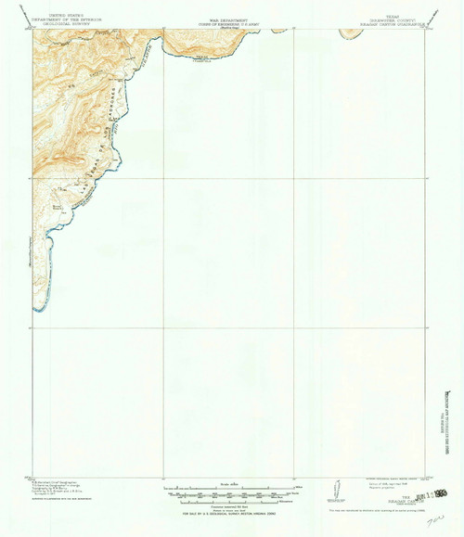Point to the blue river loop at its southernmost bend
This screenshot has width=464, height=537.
37,307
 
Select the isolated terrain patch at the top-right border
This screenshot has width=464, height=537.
349,33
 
